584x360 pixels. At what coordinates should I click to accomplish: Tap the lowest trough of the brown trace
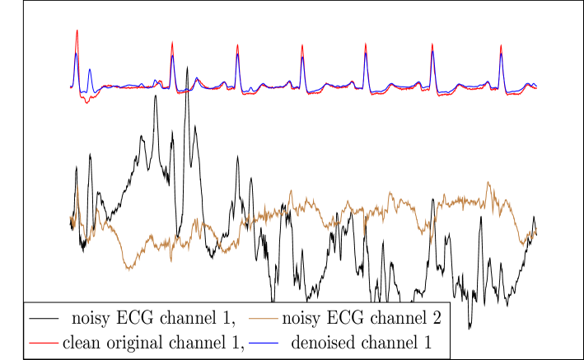(x=128, y=269)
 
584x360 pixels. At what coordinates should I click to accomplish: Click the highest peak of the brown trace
(x=488, y=182)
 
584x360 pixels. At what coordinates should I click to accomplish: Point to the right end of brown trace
(x=536, y=228)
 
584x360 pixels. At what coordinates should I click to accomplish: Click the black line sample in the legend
(x=44, y=317)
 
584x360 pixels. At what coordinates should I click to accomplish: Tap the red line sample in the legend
(x=44, y=341)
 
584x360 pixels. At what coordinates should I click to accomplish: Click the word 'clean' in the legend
(x=82, y=341)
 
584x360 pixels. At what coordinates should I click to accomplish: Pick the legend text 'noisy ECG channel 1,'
(x=153, y=317)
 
